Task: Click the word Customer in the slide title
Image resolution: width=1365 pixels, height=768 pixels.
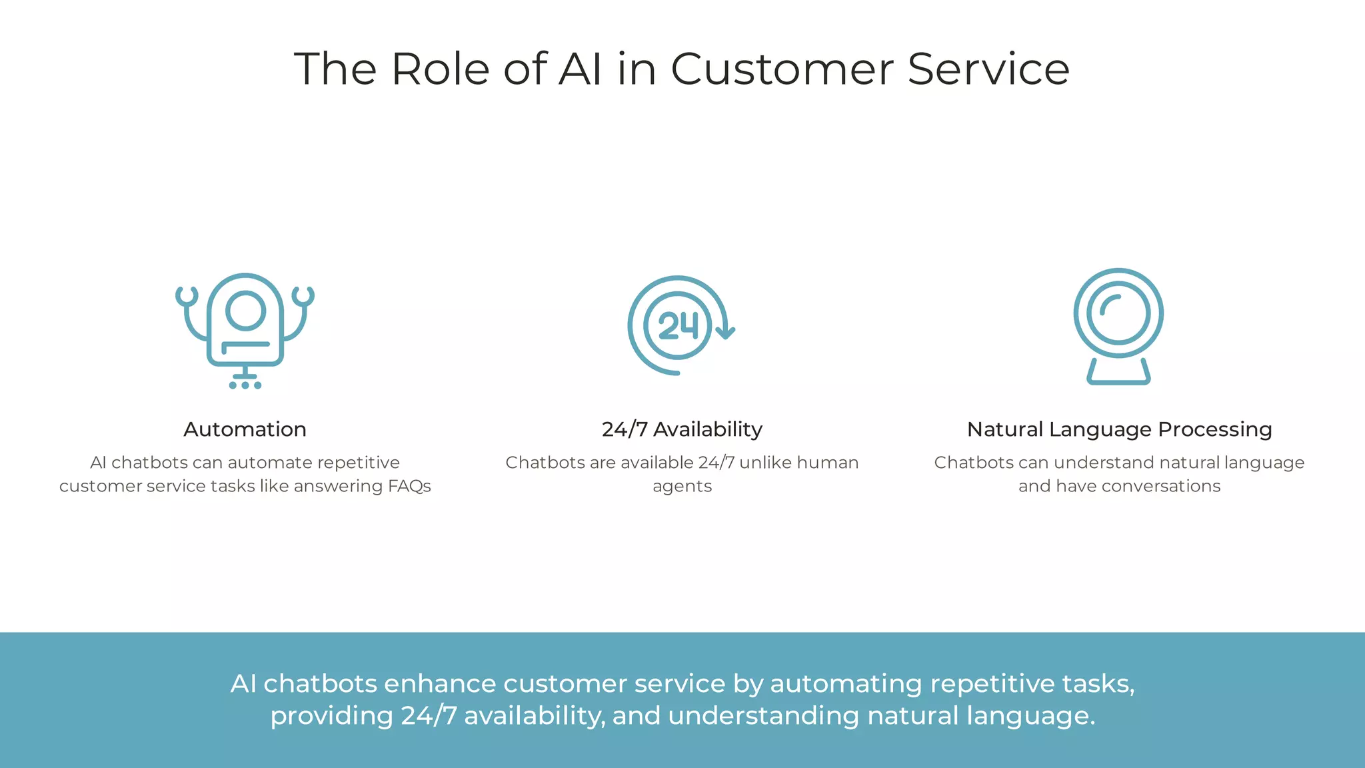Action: pyautogui.click(x=781, y=69)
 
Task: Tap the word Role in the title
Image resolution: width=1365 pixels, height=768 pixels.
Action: pyautogui.click(x=440, y=69)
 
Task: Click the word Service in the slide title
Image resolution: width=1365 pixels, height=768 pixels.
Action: pyautogui.click(x=988, y=69)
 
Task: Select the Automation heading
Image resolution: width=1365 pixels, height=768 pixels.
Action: pyautogui.click(x=245, y=429)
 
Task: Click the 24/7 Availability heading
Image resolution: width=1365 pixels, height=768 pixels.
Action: pyautogui.click(x=682, y=429)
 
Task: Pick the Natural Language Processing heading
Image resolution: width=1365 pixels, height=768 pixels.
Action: pyautogui.click(x=1119, y=429)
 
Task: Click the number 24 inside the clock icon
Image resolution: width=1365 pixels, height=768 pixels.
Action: pyautogui.click(x=678, y=326)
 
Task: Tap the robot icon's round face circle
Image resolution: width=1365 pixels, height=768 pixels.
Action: pyautogui.click(x=245, y=311)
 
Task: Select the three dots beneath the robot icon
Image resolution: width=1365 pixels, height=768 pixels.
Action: pyautogui.click(x=245, y=385)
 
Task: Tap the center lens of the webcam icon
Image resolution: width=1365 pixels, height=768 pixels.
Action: pyautogui.click(x=1118, y=313)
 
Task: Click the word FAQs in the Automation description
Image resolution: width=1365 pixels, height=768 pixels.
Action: pyautogui.click(x=409, y=486)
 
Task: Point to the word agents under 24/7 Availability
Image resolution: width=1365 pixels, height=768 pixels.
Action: pyautogui.click(x=682, y=487)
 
